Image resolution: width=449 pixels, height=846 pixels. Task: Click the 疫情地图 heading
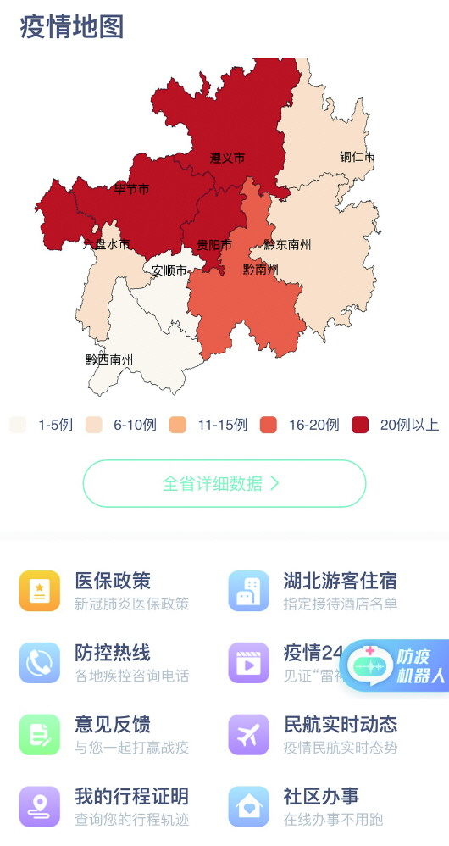click(x=72, y=26)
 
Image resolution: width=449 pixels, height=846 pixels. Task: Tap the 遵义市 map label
click(x=227, y=158)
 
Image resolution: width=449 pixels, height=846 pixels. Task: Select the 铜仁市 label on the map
click(x=357, y=157)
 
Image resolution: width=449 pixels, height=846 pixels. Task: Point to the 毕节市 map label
click(x=131, y=189)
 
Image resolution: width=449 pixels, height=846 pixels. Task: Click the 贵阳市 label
click(x=213, y=245)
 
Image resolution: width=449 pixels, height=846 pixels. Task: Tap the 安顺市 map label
click(x=169, y=271)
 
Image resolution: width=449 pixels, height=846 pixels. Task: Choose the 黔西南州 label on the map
click(x=109, y=359)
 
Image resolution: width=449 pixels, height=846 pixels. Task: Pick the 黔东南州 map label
click(x=287, y=245)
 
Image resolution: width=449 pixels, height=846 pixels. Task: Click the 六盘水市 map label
click(x=107, y=245)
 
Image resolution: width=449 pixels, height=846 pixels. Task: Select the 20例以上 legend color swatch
click(x=360, y=425)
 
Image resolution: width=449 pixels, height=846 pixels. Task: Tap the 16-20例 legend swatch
click(x=269, y=425)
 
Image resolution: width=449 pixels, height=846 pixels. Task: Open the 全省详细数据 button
click(x=224, y=483)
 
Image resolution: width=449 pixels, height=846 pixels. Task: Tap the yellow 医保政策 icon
click(x=40, y=591)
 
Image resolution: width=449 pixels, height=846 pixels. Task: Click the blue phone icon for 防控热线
click(x=40, y=663)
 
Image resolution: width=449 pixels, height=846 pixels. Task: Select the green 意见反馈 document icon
click(x=40, y=734)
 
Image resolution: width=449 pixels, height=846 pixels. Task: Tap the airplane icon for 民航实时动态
click(x=249, y=734)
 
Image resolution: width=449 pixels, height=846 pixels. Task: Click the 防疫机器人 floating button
click(x=396, y=666)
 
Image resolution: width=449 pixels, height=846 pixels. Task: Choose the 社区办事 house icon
click(x=249, y=806)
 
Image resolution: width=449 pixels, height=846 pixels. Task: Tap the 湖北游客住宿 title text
click(x=340, y=582)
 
